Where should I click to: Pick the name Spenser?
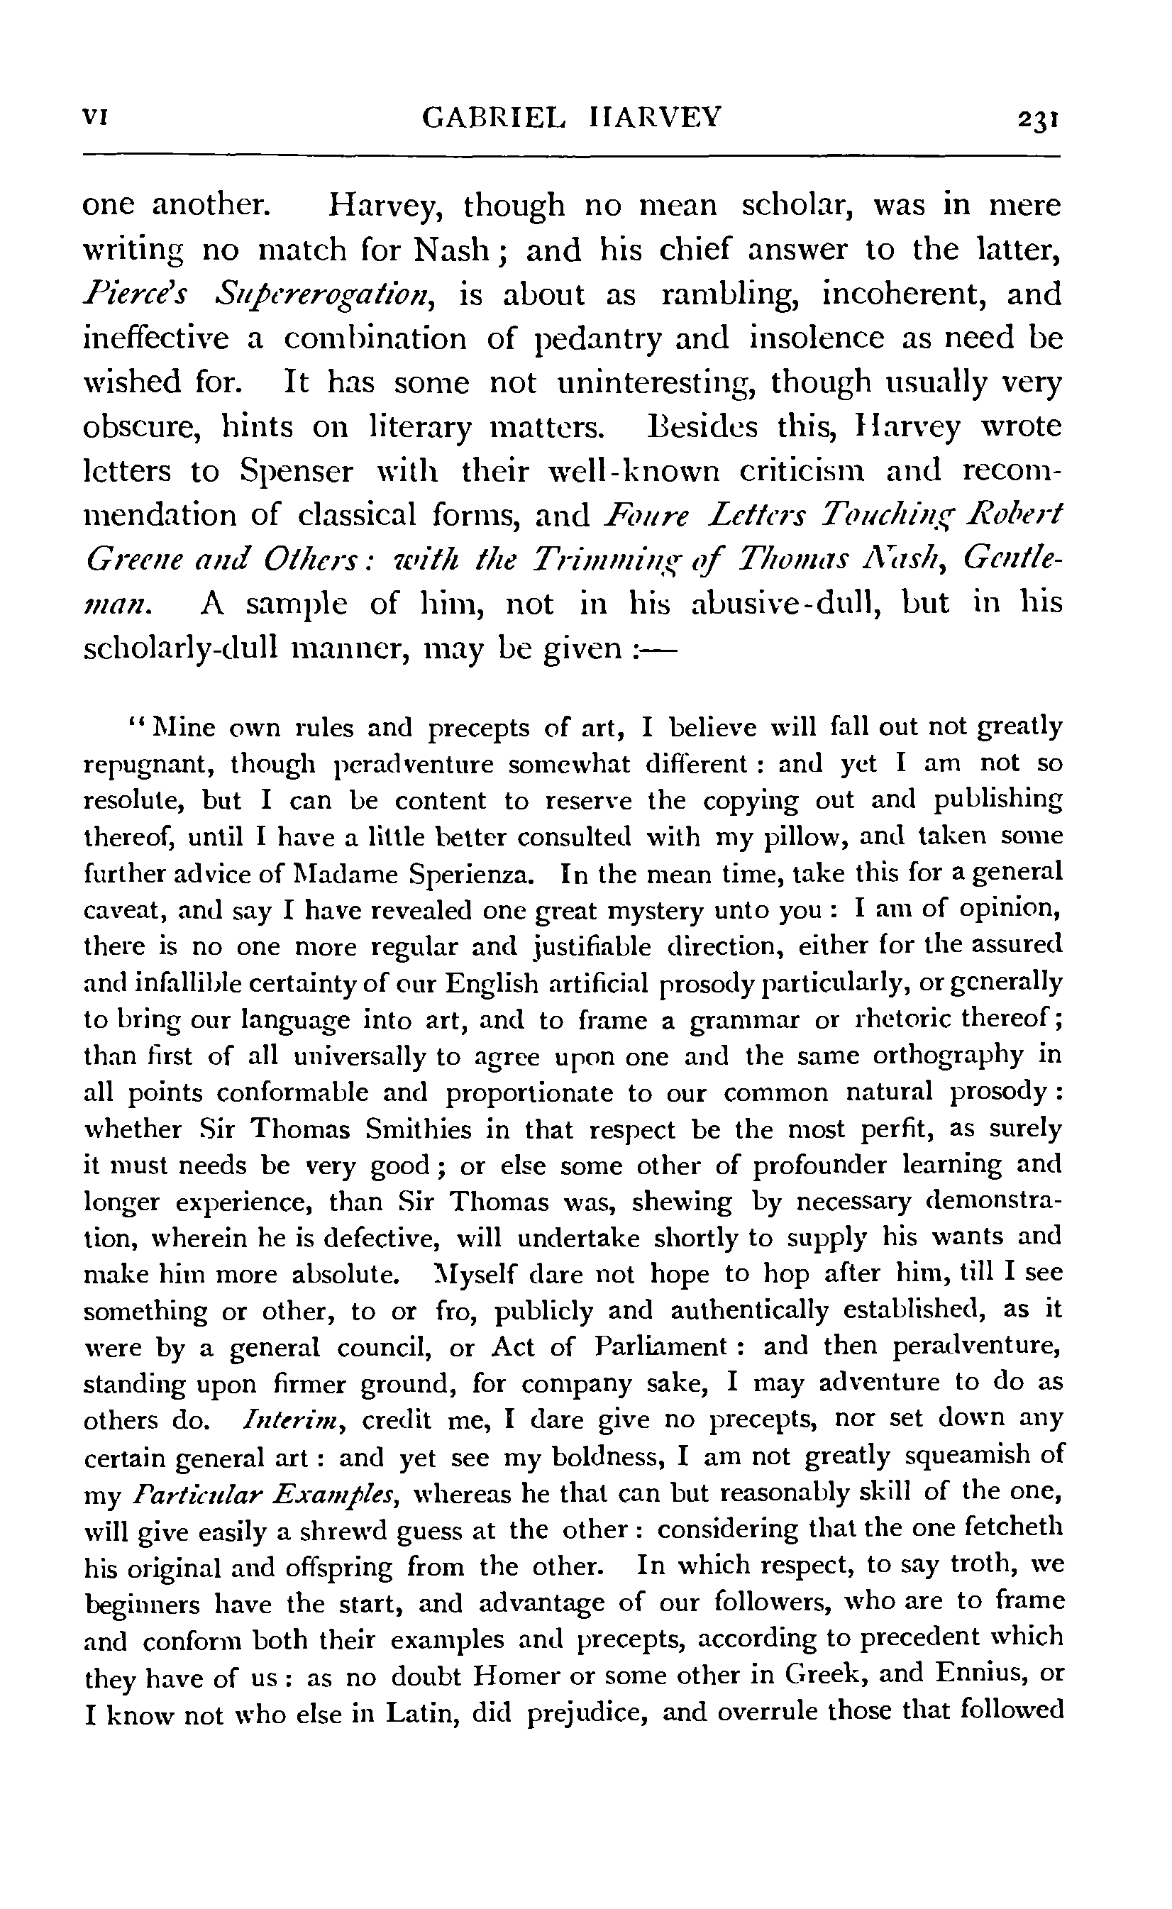[x=296, y=472]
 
